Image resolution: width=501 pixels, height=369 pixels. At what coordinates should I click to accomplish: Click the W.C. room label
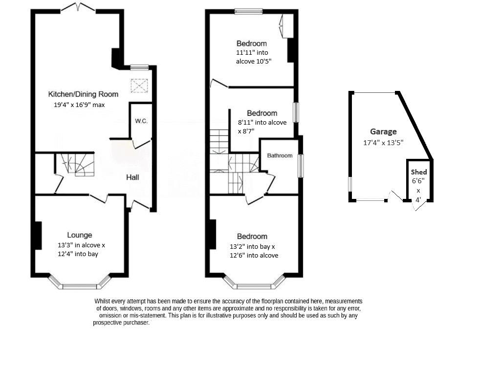click(141, 121)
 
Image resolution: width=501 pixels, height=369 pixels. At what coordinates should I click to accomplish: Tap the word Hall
click(132, 177)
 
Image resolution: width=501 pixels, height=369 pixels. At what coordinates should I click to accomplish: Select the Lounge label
click(80, 235)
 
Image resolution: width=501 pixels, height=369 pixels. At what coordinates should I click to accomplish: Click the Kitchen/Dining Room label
click(83, 94)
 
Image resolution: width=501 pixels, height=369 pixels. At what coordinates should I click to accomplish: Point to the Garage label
click(383, 131)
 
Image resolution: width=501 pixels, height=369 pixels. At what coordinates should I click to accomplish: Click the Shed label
click(418, 172)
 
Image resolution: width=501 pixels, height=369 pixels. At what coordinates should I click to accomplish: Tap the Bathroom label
click(280, 155)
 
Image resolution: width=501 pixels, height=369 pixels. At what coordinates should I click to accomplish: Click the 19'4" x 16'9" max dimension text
click(79, 105)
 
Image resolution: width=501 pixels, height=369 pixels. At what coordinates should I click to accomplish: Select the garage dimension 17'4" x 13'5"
click(383, 143)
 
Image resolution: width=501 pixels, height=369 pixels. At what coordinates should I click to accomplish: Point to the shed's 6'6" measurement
click(418, 181)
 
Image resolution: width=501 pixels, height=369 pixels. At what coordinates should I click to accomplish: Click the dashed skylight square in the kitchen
click(139, 86)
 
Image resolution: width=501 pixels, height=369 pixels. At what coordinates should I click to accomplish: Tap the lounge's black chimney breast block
click(38, 236)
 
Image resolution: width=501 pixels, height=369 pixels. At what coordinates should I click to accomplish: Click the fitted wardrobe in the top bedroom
click(286, 26)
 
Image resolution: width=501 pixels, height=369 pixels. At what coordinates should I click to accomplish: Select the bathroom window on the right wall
click(300, 166)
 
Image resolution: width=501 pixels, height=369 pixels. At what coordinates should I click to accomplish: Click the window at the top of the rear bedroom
click(249, 12)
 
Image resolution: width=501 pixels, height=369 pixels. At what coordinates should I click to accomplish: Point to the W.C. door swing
click(141, 144)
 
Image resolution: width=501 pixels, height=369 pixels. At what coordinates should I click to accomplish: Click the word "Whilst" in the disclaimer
click(102, 301)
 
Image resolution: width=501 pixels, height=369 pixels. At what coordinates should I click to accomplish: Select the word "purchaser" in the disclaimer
click(136, 323)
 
